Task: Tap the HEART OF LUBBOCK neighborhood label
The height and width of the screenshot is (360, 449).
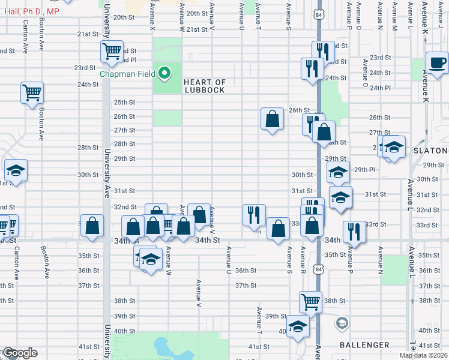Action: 204,86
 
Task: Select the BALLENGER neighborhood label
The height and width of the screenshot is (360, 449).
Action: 364,345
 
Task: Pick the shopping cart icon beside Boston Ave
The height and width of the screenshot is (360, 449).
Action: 32,92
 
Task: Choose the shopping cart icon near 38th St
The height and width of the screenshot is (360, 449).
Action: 310,301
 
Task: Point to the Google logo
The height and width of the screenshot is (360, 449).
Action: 20,353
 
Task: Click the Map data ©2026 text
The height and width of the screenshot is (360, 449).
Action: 423,355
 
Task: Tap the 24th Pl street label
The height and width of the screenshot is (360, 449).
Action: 380,88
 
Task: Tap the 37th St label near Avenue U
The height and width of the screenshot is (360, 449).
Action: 246,286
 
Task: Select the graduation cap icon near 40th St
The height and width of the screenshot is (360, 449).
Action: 297,326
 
